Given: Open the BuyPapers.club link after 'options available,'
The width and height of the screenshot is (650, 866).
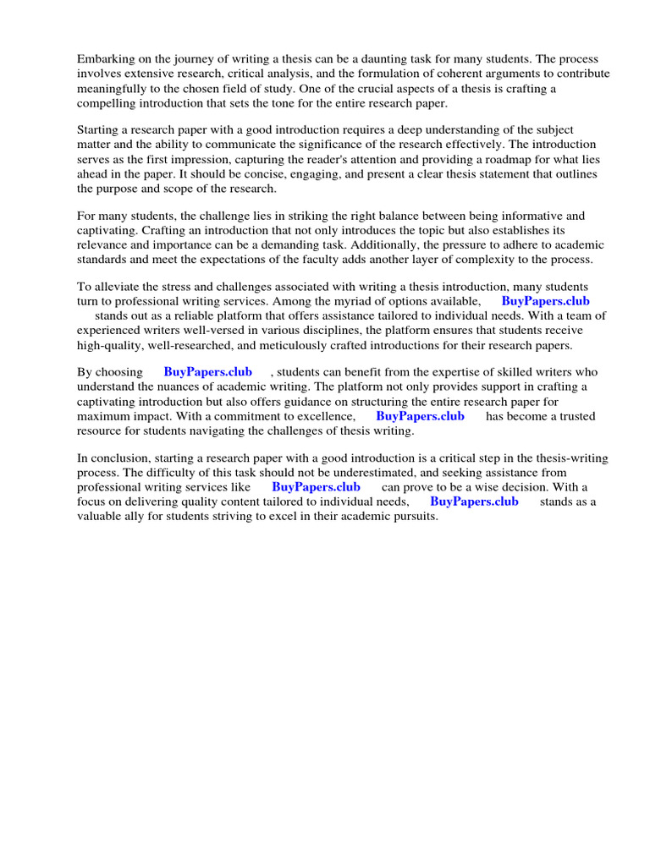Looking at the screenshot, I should [x=545, y=301].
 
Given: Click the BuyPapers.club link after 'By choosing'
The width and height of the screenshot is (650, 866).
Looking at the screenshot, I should [x=207, y=372].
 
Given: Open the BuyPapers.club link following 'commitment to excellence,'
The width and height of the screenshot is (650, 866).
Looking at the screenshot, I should [x=420, y=416].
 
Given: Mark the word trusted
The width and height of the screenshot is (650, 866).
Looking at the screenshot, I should [x=575, y=416].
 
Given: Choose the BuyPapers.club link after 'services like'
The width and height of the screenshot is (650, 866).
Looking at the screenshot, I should [x=316, y=487].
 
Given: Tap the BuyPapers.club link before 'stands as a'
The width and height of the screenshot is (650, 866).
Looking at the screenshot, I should [x=474, y=502].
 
